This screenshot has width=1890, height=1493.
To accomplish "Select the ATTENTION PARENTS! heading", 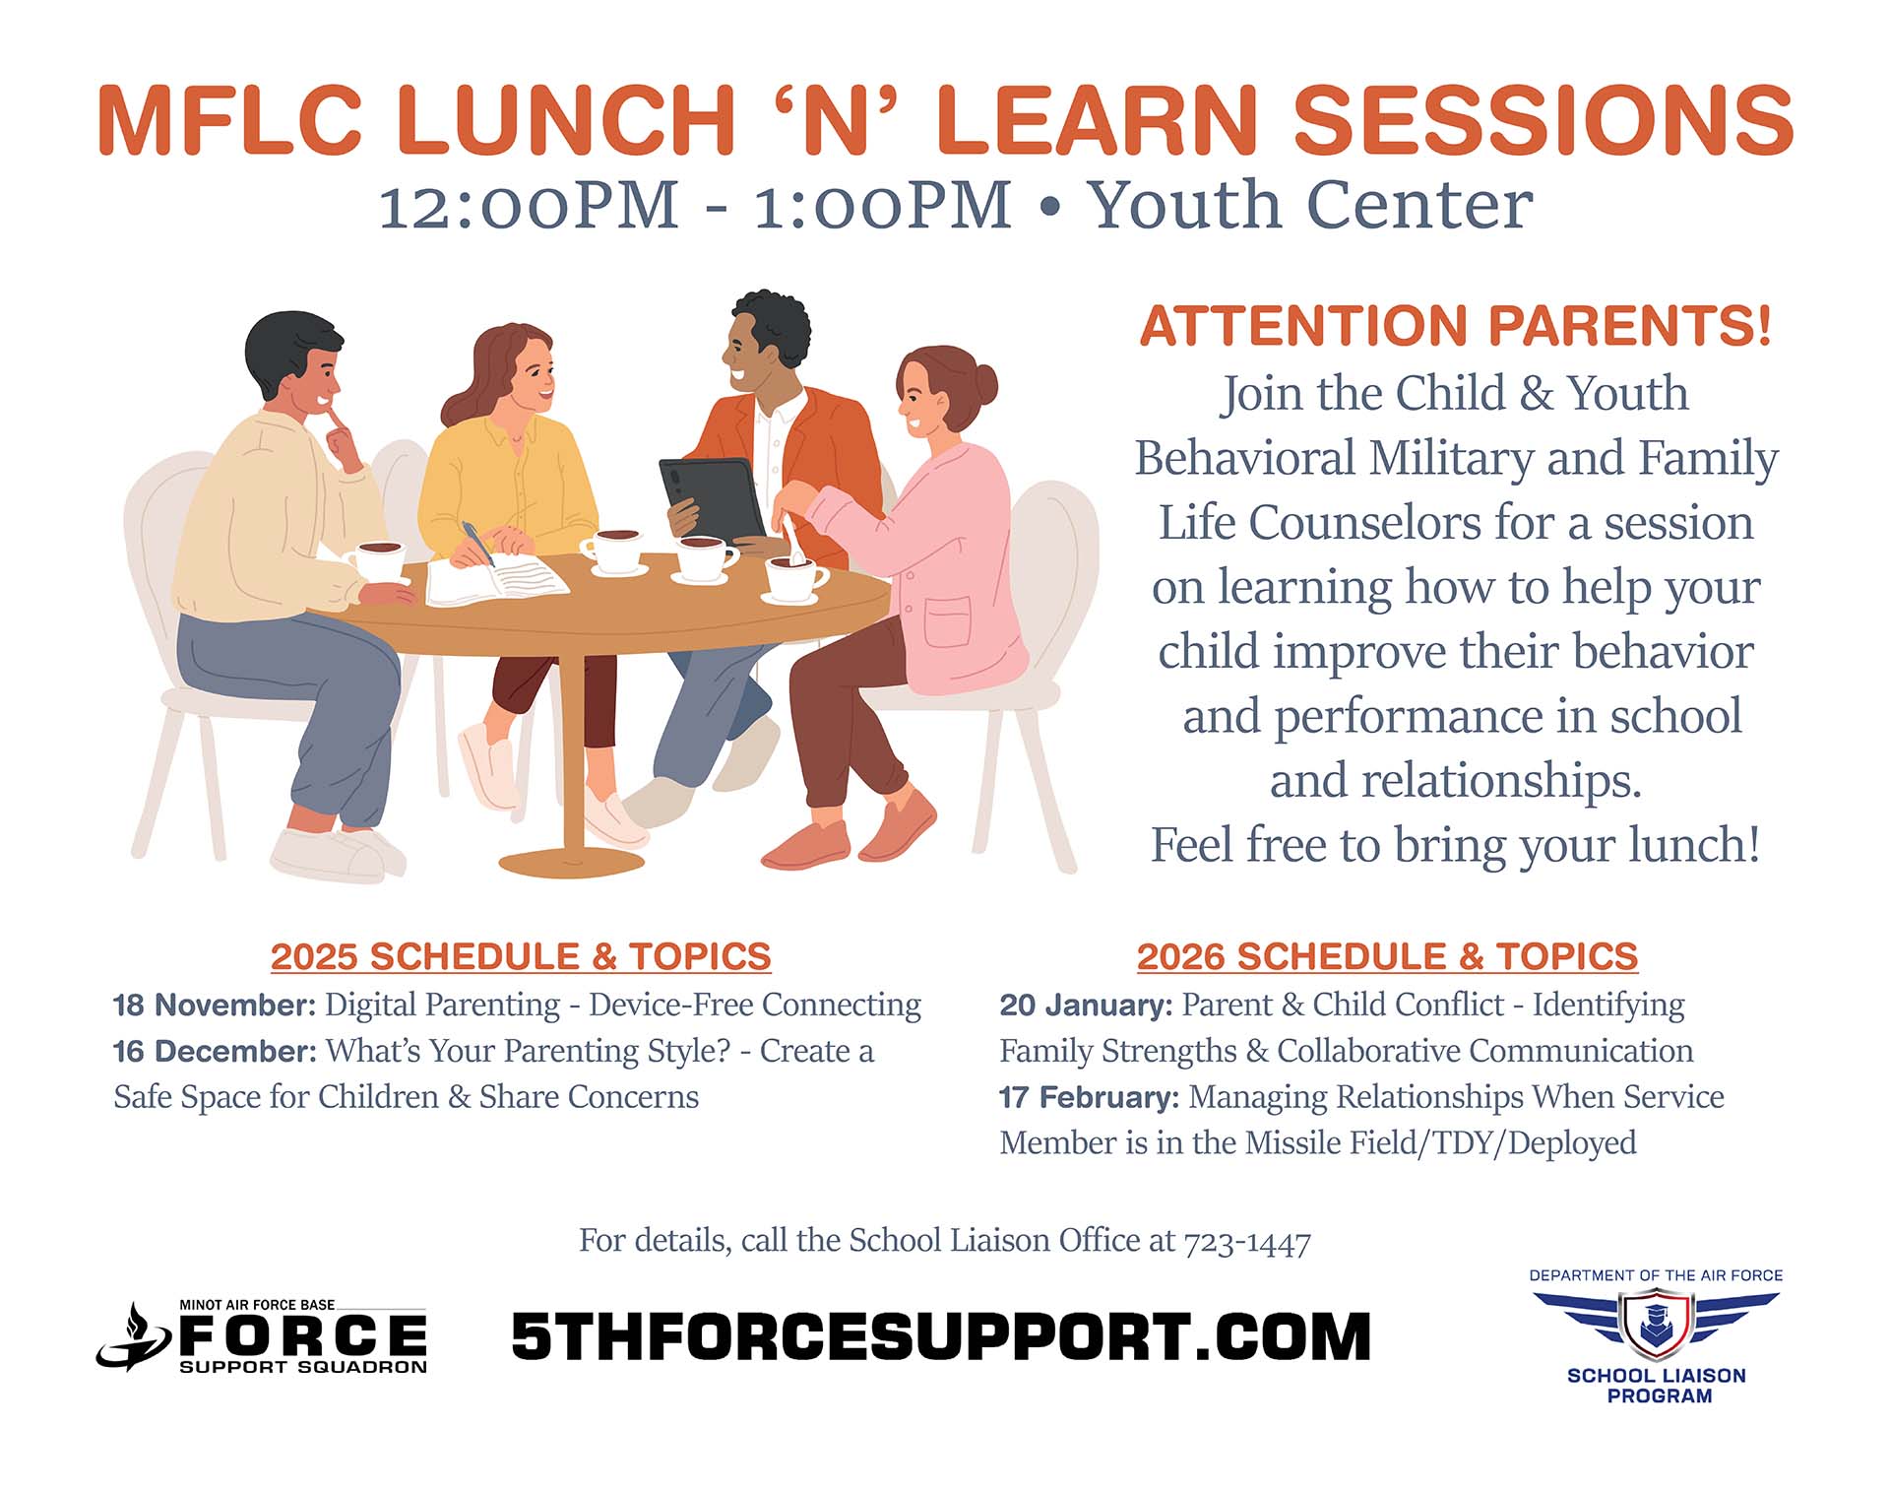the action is tap(1456, 326).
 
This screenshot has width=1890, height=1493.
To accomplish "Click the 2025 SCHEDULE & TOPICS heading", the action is tap(521, 956).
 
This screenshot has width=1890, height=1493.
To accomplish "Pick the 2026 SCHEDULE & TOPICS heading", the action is tap(1387, 956).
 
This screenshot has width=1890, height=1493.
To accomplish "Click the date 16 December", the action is tap(215, 1051).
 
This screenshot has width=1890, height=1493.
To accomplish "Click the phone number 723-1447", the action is tap(1247, 1242).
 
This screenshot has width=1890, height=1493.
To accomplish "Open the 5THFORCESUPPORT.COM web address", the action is tap(941, 1336).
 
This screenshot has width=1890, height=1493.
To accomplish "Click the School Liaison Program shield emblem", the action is tap(1656, 1324).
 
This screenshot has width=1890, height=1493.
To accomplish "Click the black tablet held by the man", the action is tap(713, 498).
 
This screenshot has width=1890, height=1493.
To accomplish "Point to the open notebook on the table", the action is tap(497, 578).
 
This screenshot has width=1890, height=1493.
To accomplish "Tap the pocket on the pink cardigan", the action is tap(947, 621).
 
